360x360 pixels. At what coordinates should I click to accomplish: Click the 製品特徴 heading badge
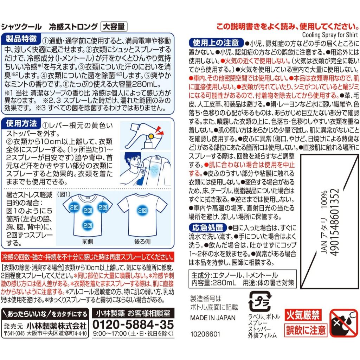[21, 39]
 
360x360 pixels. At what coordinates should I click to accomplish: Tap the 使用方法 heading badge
[21, 123]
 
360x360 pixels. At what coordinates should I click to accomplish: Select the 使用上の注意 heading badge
[216, 43]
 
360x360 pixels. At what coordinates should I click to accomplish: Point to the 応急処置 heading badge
[207, 227]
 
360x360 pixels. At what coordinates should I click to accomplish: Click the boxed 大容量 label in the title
[114, 27]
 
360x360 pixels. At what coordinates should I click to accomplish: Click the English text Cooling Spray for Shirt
[330, 35]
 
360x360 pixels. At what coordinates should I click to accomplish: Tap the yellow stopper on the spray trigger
[151, 136]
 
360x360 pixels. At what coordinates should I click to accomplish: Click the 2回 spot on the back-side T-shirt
[142, 211]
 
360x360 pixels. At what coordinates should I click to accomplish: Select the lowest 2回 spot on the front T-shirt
[87, 225]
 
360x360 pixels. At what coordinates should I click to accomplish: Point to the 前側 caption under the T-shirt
[88, 242]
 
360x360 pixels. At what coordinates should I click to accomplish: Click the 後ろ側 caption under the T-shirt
[142, 242]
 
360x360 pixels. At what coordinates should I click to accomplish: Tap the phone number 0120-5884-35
[133, 324]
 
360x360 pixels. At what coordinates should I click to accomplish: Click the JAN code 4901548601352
[334, 222]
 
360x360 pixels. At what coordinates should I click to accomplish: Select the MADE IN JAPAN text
[213, 318]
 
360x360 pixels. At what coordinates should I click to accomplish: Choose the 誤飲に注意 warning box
[306, 330]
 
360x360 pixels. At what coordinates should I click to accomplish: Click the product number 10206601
[205, 334]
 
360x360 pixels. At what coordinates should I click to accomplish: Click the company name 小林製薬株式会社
[57, 326]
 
